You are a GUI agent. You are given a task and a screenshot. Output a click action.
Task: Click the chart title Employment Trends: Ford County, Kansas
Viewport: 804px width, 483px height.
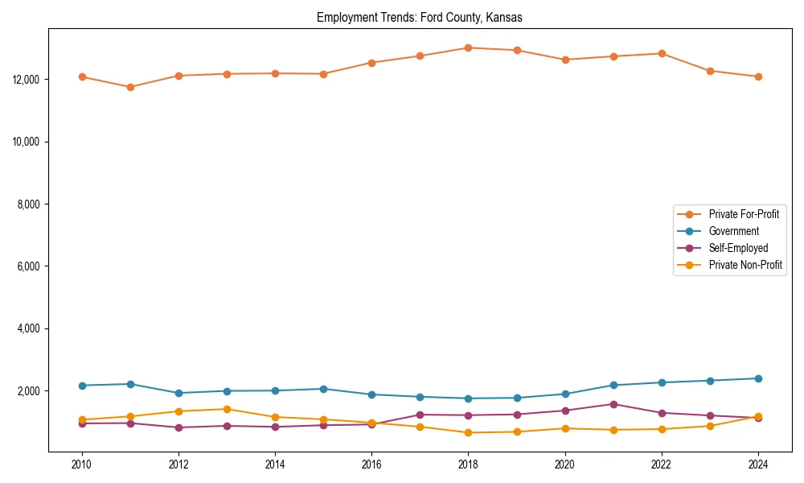pyautogui.click(x=420, y=18)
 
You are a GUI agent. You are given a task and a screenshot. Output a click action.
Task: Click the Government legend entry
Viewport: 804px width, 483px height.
pyautogui.click(x=733, y=231)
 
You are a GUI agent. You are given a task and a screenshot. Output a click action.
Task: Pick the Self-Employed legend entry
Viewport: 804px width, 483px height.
pyautogui.click(x=738, y=248)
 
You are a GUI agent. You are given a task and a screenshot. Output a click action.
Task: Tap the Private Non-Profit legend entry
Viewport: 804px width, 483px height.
pyautogui.click(x=745, y=265)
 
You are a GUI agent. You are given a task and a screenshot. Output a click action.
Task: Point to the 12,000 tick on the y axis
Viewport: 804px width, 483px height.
pyautogui.click(x=28, y=80)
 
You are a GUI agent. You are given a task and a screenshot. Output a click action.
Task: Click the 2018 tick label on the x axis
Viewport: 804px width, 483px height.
pyautogui.click(x=468, y=464)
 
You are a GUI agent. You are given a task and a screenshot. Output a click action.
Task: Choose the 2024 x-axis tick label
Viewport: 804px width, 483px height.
pyautogui.click(x=757, y=464)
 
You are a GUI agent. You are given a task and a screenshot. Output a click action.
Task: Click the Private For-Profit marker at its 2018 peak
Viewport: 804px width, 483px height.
pyautogui.click(x=468, y=47)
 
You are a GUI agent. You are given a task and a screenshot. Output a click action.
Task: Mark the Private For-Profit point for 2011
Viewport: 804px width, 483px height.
pyautogui.click(x=130, y=87)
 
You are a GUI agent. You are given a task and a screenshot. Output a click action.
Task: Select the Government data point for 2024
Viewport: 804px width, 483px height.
pyautogui.click(x=757, y=378)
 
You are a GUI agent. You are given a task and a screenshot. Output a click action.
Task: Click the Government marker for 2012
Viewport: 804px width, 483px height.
pyautogui.click(x=178, y=393)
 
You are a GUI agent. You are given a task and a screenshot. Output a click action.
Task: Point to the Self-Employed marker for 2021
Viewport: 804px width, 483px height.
pyautogui.click(x=613, y=404)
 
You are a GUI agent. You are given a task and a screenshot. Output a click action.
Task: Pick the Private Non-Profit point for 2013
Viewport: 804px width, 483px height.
pyautogui.click(x=227, y=409)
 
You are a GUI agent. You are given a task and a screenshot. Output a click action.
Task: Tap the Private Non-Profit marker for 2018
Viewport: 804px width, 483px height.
pyautogui.click(x=468, y=432)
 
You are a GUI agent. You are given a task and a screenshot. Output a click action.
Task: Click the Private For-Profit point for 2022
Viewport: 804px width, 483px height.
pyautogui.click(x=661, y=54)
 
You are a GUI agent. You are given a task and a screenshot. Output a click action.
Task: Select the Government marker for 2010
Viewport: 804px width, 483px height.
pyautogui.click(x=82, y=386)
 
